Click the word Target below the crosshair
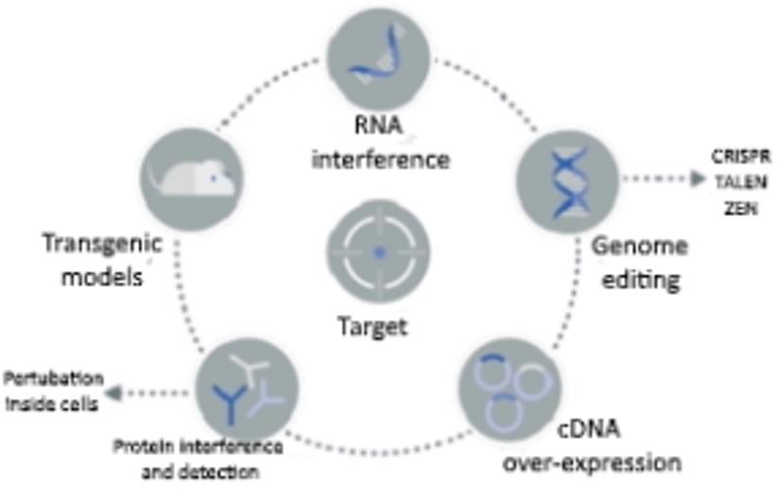tap(373, 328)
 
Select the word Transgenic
tap(103, 244)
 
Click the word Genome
tap(639, 246)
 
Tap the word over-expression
tap(592, 463)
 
